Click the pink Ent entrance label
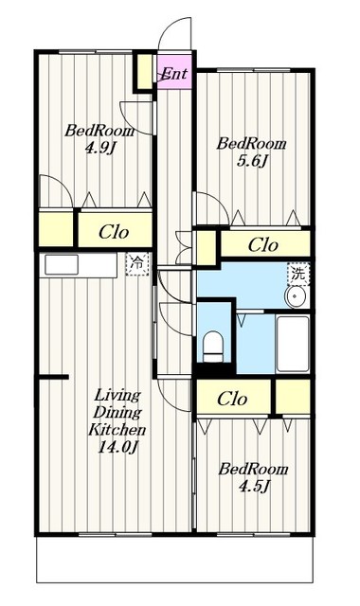[x=174, y=73]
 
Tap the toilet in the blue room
[x=213, y=346]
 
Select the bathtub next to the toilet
[x=293, y=344]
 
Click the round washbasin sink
[x=296, y=296]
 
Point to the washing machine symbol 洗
[x=298, y=274]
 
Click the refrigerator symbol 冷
[x=137, y=264]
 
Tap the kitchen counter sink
[x=62, y=265]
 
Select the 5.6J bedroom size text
[x=252, y=160]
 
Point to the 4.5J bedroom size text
[x=254, y=486]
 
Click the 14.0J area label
[x=117, y=446]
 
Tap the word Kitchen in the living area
[x=117, y=429]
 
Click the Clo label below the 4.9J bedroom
[x=114, y=232]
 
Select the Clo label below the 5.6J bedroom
[x=263, y=244]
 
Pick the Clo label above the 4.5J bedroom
[x=232, y=399]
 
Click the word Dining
[x=117, y=413]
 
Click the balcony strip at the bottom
[x=174, y=560]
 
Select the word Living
[x=117, y=396]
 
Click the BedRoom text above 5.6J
[x=251, y=144]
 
